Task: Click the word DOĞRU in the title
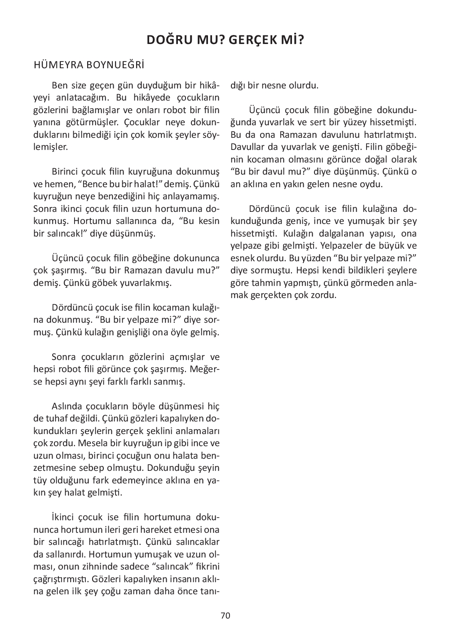[166, 40]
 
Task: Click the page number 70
[225, 615]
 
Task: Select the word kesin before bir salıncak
[209, 221]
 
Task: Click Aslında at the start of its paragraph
[67, 406]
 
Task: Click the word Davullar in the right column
[246, 147]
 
